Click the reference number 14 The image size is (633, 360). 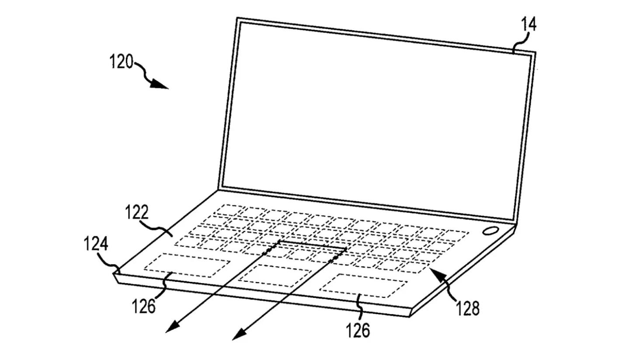pyautogui.click(x=528, y=25)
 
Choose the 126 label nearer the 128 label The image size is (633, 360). pyautogui.click(x=358, y=330)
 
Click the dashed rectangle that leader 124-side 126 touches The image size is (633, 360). pyautogui.click(x=187, y=265)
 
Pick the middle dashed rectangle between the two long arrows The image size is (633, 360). pyautogui.click(x=275, y=275)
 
